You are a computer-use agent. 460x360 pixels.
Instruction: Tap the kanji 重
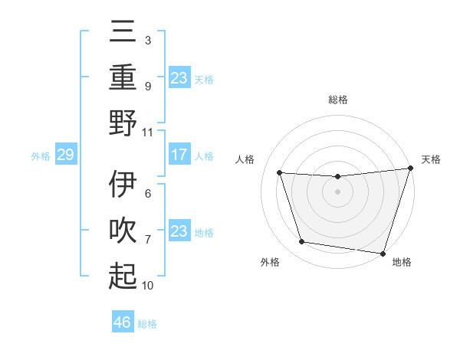(x=123, y=77)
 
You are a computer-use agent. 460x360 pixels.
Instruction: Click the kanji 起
(x=123, y=276)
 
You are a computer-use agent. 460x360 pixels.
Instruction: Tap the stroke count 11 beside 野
(x=148, y=132)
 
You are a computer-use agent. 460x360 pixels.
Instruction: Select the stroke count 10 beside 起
(x=148, y=286)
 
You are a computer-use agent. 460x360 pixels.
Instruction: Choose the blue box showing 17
(x=179, y=155)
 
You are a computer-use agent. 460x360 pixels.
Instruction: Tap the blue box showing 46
(x=123, y=322)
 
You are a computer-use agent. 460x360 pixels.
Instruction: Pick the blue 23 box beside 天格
(x=179, y=78)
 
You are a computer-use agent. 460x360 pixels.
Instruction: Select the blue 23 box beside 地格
(x=179, y=231)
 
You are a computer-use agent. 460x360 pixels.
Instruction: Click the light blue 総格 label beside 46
(x=147, y=324)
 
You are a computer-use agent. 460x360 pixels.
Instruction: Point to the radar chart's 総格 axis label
(x=338, y=100)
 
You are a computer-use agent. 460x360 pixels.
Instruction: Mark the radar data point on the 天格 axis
(x=410, y=169)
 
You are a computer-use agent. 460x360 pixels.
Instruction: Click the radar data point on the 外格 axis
(x=302, y=242)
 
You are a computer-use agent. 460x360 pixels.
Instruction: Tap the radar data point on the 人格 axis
(x=280, y=173)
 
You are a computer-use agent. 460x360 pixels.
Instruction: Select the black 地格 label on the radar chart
(x=402, y=263)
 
